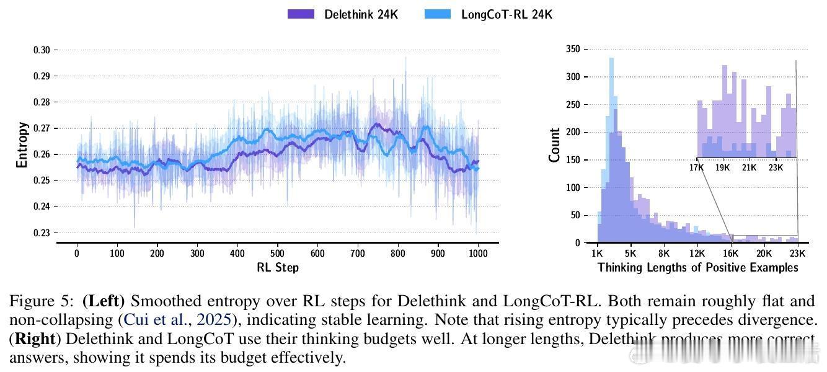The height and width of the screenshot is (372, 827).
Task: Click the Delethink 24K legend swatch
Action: coord(301,14)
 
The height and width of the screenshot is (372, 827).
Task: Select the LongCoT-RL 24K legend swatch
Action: coord(438,14)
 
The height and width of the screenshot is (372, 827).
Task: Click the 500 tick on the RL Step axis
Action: coord(278,253)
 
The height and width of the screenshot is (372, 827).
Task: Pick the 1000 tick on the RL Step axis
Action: coord(478,253)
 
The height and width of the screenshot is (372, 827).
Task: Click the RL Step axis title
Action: coord(277,268)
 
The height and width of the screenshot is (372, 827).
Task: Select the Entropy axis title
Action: coord(22,144)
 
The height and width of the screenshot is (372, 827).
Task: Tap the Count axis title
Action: coord(554,145)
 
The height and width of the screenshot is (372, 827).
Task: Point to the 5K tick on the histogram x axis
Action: coord(630,253)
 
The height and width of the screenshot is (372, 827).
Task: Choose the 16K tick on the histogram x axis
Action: coord(731,253)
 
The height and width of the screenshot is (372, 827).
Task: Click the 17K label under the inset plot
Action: coord(697,167)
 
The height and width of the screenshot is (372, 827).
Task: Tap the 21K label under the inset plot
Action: coord(750,167)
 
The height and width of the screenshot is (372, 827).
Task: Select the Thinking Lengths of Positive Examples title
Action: coord(697,268)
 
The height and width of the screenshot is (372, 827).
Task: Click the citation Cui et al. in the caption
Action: coord(155,321)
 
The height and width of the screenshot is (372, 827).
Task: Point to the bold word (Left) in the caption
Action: coord(104,302)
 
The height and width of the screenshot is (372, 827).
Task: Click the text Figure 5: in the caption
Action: coord(43,302)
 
